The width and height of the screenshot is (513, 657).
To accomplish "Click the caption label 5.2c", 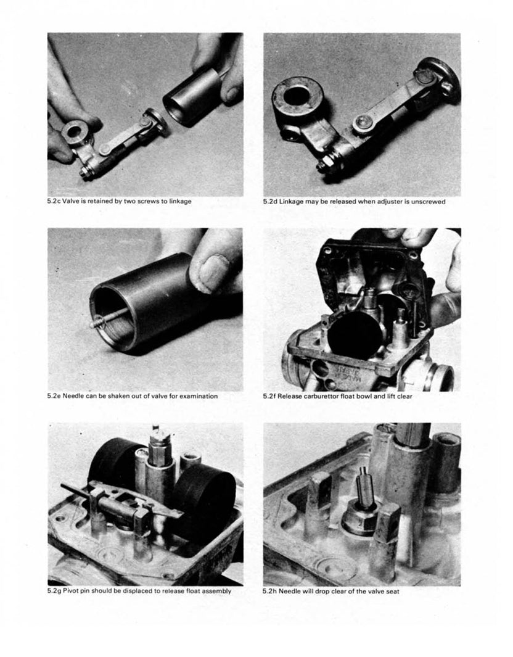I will coord(55,201).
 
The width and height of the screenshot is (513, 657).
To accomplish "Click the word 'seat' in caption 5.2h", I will coord(391,591).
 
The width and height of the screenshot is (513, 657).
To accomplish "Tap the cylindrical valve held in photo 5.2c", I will coord(192,96).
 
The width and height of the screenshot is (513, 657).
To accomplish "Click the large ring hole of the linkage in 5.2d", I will coord(297,97).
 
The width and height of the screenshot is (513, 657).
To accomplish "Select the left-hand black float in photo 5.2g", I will coord(114,463).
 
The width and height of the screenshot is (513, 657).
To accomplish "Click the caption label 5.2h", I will coord(270,591).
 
